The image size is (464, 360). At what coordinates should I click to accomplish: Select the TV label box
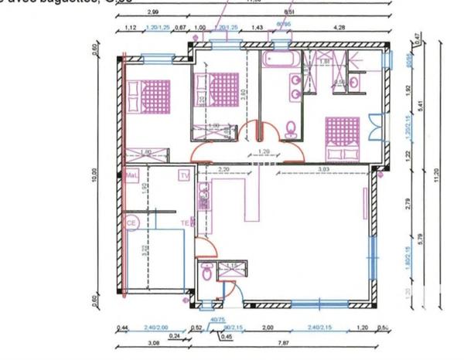pyautogui.click(x=184, y=175)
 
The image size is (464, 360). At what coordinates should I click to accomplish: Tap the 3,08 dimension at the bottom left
pyautogui.click(x=153, y=343)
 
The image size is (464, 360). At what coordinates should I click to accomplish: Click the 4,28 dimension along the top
pyautogui.click(x=338, y=28)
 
